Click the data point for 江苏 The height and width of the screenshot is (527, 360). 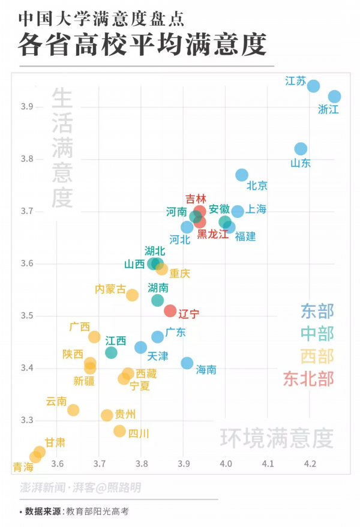[313, 86]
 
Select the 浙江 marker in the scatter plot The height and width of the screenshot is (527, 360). [334, 97]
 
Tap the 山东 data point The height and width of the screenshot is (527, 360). [301, 149]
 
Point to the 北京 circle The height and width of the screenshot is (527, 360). [242, 175]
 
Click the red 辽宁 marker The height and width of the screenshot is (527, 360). [170, 311]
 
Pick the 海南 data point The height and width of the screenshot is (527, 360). [187, 363]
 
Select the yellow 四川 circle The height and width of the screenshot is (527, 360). [120, 431]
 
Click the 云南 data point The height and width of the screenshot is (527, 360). [73, 410]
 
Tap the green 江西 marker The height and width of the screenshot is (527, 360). [111, 352]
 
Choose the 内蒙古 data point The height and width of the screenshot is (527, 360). [133, 295]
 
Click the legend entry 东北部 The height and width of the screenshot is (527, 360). [308, 379]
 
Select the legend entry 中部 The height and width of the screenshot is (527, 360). [317, 334]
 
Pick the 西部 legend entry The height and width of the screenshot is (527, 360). [317, 356]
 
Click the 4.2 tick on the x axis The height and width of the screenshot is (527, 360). [310, 463]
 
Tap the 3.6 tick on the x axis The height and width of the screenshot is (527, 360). [57, 463]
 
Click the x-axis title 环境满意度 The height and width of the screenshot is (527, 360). [276, 438]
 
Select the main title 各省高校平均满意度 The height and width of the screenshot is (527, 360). [142, 45]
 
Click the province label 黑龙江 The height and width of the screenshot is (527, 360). [213, 234]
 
